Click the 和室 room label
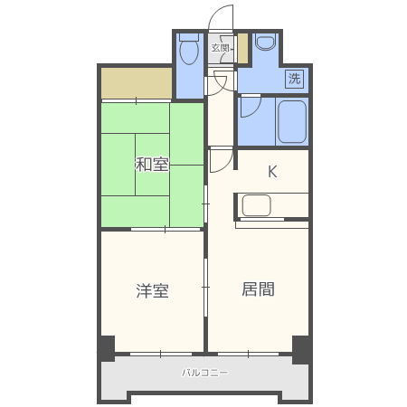tap(152, 165)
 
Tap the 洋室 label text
tap(152, 290)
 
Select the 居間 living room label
tap(258, 289)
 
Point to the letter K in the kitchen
tap(272, 172)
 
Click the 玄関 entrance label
tap(220, 48)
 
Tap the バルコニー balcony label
tap(204, 373)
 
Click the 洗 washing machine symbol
tap(294, 79)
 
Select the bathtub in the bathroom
tap(292, 121)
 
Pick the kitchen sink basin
tap(256, 205)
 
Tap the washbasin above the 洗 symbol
tap(266, 42)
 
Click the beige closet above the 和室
tap(137, 82)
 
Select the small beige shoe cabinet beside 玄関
tap(242, 48)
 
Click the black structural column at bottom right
tap(301, 349)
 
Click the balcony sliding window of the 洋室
tap(161, 354)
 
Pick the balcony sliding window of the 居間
tap(248, 354)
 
